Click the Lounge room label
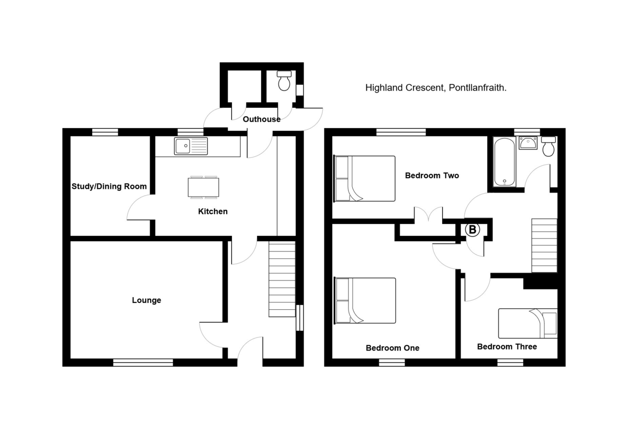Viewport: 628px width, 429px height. pos(147,300)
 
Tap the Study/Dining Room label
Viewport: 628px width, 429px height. pos(109,186)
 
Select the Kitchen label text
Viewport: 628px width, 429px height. pos(212,212)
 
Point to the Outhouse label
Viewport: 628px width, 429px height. pos(262,119)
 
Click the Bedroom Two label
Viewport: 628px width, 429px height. pos(432,176)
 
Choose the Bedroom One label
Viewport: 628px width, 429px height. pos(392,348)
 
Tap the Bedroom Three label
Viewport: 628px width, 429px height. pos(507,346)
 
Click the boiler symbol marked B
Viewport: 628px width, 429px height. pos(472,230)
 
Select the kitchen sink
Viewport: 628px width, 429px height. pos(191,146)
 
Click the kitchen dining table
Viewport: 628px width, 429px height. pos(204,187)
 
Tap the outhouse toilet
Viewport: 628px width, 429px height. pos(284,81)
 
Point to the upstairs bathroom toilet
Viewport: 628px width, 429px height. pos(548,146)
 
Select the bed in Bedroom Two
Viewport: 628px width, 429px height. pos(365,178)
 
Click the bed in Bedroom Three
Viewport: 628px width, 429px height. pos(528,323)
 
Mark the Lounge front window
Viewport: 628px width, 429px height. pos(143,362)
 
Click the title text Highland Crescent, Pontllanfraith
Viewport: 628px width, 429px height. pos(435,88)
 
